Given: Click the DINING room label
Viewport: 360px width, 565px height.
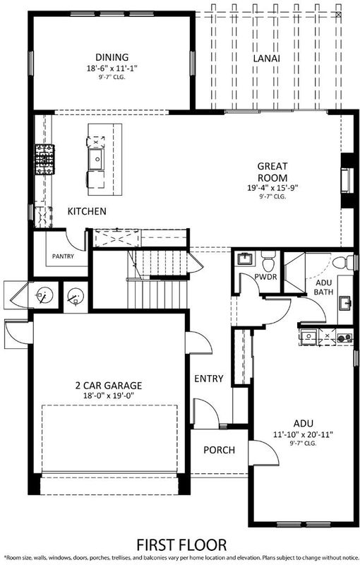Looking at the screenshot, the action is (112, 57).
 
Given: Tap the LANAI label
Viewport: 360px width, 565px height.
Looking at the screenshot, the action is (267, 59).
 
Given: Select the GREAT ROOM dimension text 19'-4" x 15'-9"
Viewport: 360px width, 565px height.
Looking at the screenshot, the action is (273, 188).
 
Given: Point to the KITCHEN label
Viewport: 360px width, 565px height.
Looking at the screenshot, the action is (87, 211).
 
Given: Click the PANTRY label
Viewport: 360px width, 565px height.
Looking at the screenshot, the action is (63, 256).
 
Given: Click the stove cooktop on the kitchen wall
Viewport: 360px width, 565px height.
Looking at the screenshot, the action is (44, 160).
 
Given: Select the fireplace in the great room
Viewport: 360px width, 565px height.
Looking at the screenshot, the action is (347, 181).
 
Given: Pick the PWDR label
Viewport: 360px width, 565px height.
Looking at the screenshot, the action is (265, 277).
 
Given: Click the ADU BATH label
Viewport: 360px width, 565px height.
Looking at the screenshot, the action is (323, 287).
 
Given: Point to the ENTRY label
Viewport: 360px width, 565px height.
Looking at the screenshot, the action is (209, 379).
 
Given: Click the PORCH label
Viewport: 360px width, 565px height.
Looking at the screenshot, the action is (219, 450).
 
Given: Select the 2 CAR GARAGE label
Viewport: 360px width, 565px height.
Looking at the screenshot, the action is (109, 386).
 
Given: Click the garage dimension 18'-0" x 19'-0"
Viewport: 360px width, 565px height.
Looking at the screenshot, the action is (109, 395).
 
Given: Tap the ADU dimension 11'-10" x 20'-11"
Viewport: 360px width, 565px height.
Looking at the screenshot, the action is (303, 434).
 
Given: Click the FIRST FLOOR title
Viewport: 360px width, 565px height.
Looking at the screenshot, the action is (182, 545).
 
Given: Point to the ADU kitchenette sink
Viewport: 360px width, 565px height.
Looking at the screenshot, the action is (308, 337).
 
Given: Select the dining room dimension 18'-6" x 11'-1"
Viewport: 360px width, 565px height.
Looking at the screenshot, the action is (112, 68).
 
